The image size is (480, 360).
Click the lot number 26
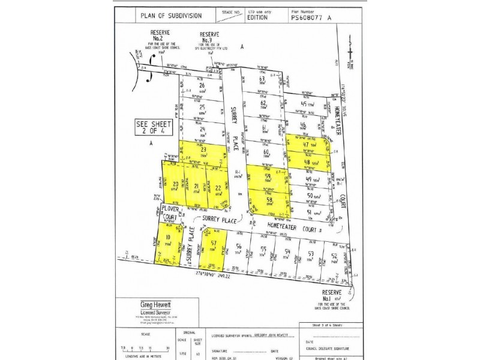pos(202,86)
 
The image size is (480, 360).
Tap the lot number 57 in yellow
pos(214,242)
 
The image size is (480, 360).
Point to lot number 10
pos(169,238)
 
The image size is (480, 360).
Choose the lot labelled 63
pos(262,79)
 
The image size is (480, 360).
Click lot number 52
pos(334,255)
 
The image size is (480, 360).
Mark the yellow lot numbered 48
pos(307,161)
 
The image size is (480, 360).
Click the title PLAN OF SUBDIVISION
pos(171,16)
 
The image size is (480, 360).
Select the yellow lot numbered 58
pos(269,201)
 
